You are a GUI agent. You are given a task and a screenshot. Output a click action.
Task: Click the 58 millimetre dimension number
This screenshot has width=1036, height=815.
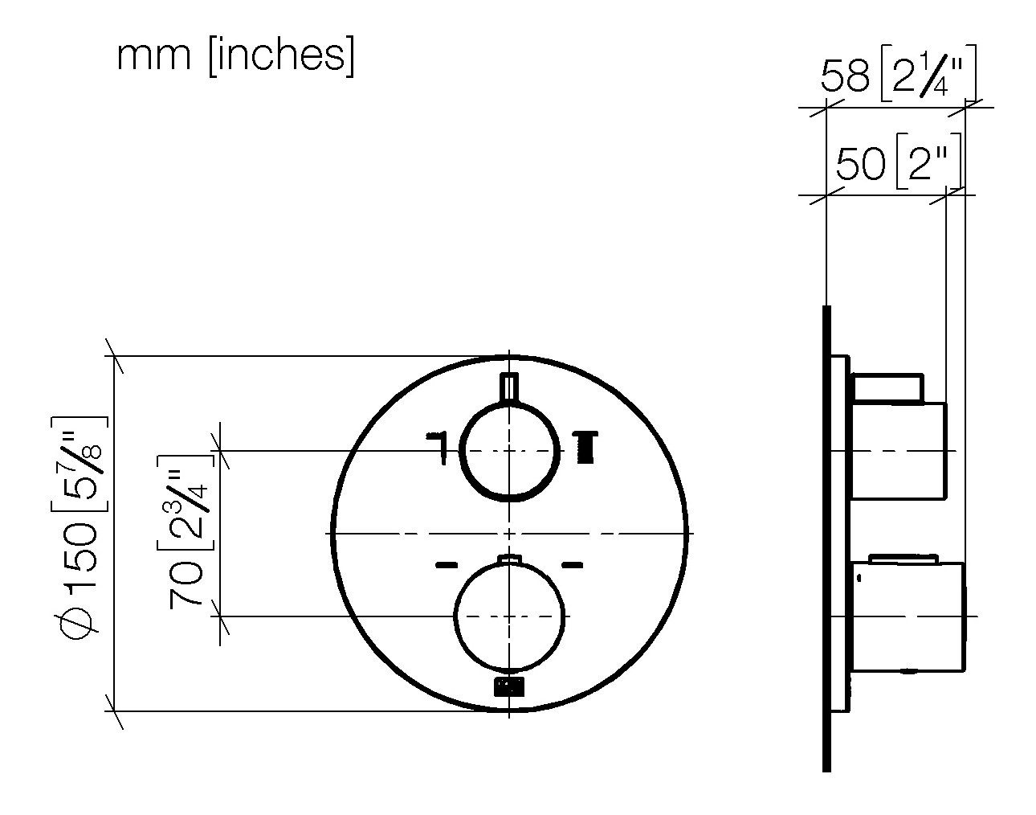click(845, 78)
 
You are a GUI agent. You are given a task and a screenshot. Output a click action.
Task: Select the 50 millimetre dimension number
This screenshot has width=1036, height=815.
click(859, 166)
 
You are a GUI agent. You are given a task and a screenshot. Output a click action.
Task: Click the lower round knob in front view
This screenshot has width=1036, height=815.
click(509, 616)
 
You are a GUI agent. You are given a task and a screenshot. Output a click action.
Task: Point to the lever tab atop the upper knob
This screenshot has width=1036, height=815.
click(509, 387)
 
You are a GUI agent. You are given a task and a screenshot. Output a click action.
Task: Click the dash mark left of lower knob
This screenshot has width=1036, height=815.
click(446, 565)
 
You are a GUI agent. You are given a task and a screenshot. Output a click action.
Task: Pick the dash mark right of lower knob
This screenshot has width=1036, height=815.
click(571, 565)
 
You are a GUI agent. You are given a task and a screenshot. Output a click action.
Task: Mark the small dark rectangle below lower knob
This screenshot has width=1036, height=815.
click(508, 686)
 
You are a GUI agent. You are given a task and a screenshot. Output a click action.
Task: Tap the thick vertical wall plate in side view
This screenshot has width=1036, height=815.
click(826, 539)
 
